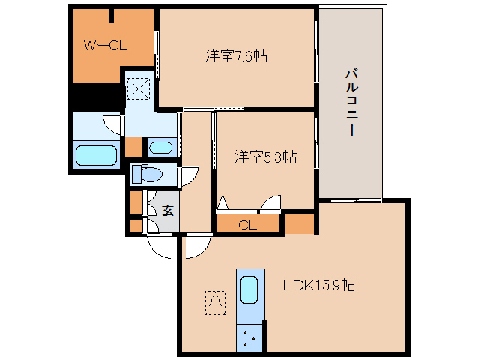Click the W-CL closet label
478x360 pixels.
coord(105,46)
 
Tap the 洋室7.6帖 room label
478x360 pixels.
coord(238,55)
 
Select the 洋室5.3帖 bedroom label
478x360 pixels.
coord(265,157)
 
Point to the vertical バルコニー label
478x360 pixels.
coord(350,102)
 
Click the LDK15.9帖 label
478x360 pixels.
coord(318,286)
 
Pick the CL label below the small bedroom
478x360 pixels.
coord(247,224)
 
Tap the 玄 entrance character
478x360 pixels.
coord(167,210)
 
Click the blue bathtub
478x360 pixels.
coord(96,157)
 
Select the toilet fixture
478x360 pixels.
coord(148,175)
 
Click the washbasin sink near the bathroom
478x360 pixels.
coord(159,147)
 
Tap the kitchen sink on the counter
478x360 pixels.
coord(249,288)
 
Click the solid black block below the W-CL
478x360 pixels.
coord(96,97)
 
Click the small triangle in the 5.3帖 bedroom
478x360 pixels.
coord(223,204)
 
